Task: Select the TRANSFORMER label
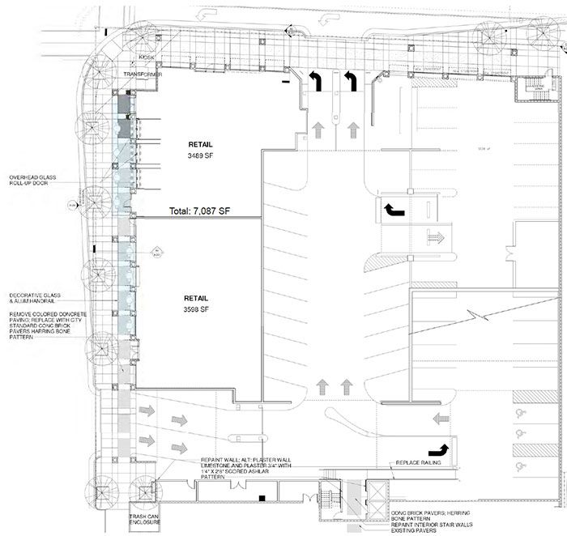pyautogui.click(x=144, y=74)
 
